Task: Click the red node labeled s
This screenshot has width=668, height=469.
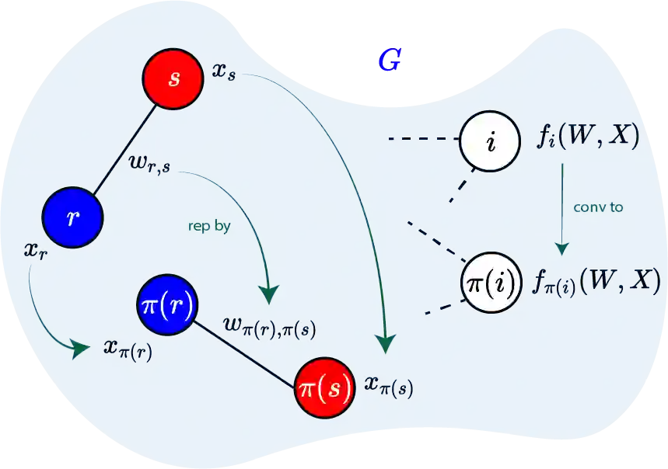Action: [173, 78]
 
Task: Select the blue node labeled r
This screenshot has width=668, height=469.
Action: [72, 217]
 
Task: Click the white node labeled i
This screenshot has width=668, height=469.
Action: [489, 141]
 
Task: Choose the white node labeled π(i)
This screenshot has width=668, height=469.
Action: [488, 281]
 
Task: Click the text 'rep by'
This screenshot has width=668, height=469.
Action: [209, 227]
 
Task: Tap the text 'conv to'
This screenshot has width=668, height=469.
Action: [598, 207]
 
